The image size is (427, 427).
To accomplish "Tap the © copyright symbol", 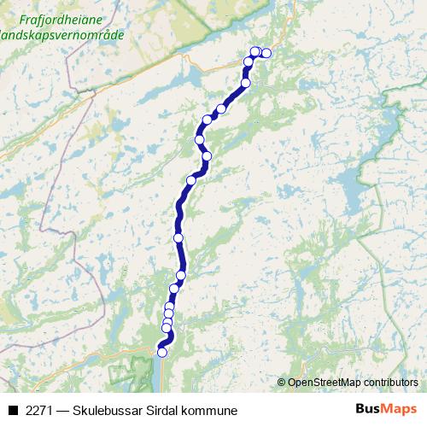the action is point(282,383).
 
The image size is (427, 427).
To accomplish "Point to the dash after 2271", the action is point(62,411).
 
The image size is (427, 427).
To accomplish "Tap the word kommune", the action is point(208,411).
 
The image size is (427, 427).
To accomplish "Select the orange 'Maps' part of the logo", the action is point(401,410).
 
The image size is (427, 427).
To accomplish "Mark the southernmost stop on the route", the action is point(162,350).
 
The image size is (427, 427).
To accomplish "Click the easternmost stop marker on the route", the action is point(266,53).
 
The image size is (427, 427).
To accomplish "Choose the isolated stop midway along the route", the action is point(178,237).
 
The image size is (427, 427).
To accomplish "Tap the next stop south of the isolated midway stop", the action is point(181,274).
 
